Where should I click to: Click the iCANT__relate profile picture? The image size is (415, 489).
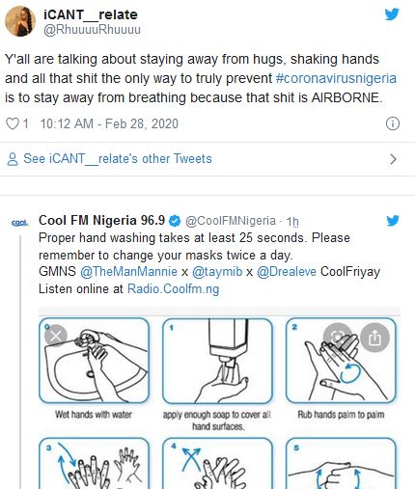click(20, 21)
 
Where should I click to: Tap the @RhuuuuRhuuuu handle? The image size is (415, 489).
click(92, 30)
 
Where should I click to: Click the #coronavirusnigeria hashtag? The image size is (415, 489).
click(336, 78)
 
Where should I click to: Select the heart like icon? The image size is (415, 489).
click(13, 123)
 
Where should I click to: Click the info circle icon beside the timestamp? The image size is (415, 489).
click(393, 123)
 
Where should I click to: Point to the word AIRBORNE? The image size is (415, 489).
click(346, 97)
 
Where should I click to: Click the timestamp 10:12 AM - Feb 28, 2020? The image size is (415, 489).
click(109, 123)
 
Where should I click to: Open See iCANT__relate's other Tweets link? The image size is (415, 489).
click(118, 159)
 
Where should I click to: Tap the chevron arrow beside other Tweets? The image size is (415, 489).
click(393, 159)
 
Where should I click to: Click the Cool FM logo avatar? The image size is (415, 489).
click(20, 223)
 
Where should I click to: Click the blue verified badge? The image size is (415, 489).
click(175, 221)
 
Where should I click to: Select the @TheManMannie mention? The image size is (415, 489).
click(128, 272)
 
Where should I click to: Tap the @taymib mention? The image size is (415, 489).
click(217, 272)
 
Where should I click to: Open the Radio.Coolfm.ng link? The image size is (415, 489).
click(174, 289)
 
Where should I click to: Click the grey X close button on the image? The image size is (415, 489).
click(56, 337)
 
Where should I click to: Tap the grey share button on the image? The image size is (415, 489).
click(375, 338)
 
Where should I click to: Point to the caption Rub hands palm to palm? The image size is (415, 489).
click(341, 415)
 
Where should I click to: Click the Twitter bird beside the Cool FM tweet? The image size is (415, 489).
click(393, 221)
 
